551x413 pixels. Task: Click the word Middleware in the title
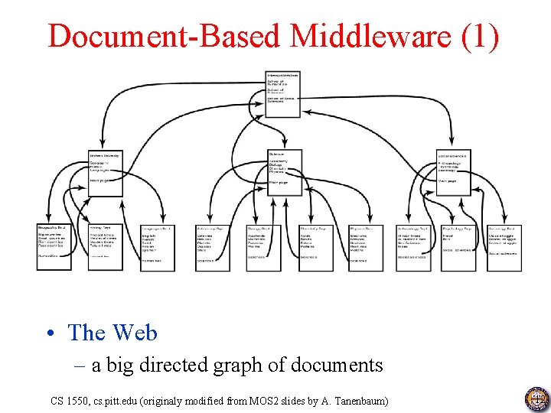360,35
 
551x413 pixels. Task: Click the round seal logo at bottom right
536,399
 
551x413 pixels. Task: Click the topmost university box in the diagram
282,94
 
